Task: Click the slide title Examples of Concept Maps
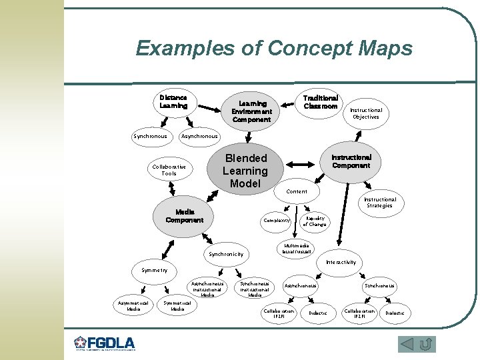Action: click(x=274, y=49)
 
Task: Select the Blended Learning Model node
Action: click(x=246, y=171)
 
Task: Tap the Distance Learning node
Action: click(x=173, y=101)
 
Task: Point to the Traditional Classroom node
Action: click(x=321, y=102)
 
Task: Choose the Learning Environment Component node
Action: click(x=251, y=111)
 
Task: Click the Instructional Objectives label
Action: click(x=366, y=113)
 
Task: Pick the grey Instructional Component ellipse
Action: click(x=351, y=161)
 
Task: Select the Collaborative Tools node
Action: click(x=169, y=170)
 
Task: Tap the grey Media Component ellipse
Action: click(x=185, y=216)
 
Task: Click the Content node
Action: click(x=297, y=191)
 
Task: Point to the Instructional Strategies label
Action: click(x=379, y=202)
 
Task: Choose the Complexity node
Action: click(x=277, y=220)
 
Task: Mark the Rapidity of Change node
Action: click(x=315, y=221)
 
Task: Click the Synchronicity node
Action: click(x=226, y=254)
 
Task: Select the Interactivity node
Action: click(x=341, y=262)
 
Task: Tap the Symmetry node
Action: click(x=155, y=270)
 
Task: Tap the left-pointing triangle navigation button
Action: click(x=407, y=344)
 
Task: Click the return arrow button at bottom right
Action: click(x=427, y=344)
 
